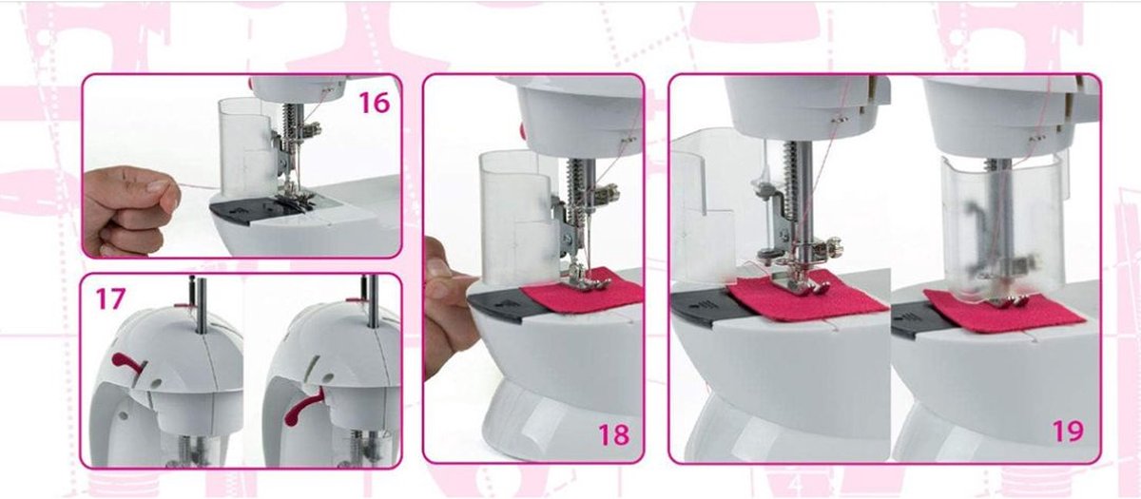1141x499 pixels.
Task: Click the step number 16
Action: coord(375,103)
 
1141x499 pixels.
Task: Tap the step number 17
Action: coord(110,298)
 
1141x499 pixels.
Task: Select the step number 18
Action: coord(614,434)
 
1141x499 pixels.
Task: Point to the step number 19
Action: coord(1068,431)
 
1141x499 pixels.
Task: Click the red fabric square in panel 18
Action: coord(584,291)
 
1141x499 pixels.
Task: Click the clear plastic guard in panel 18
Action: coord(518,218)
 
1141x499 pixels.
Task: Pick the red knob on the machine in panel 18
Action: coord(522,130)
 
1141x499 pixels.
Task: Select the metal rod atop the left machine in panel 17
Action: coord(202,305)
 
